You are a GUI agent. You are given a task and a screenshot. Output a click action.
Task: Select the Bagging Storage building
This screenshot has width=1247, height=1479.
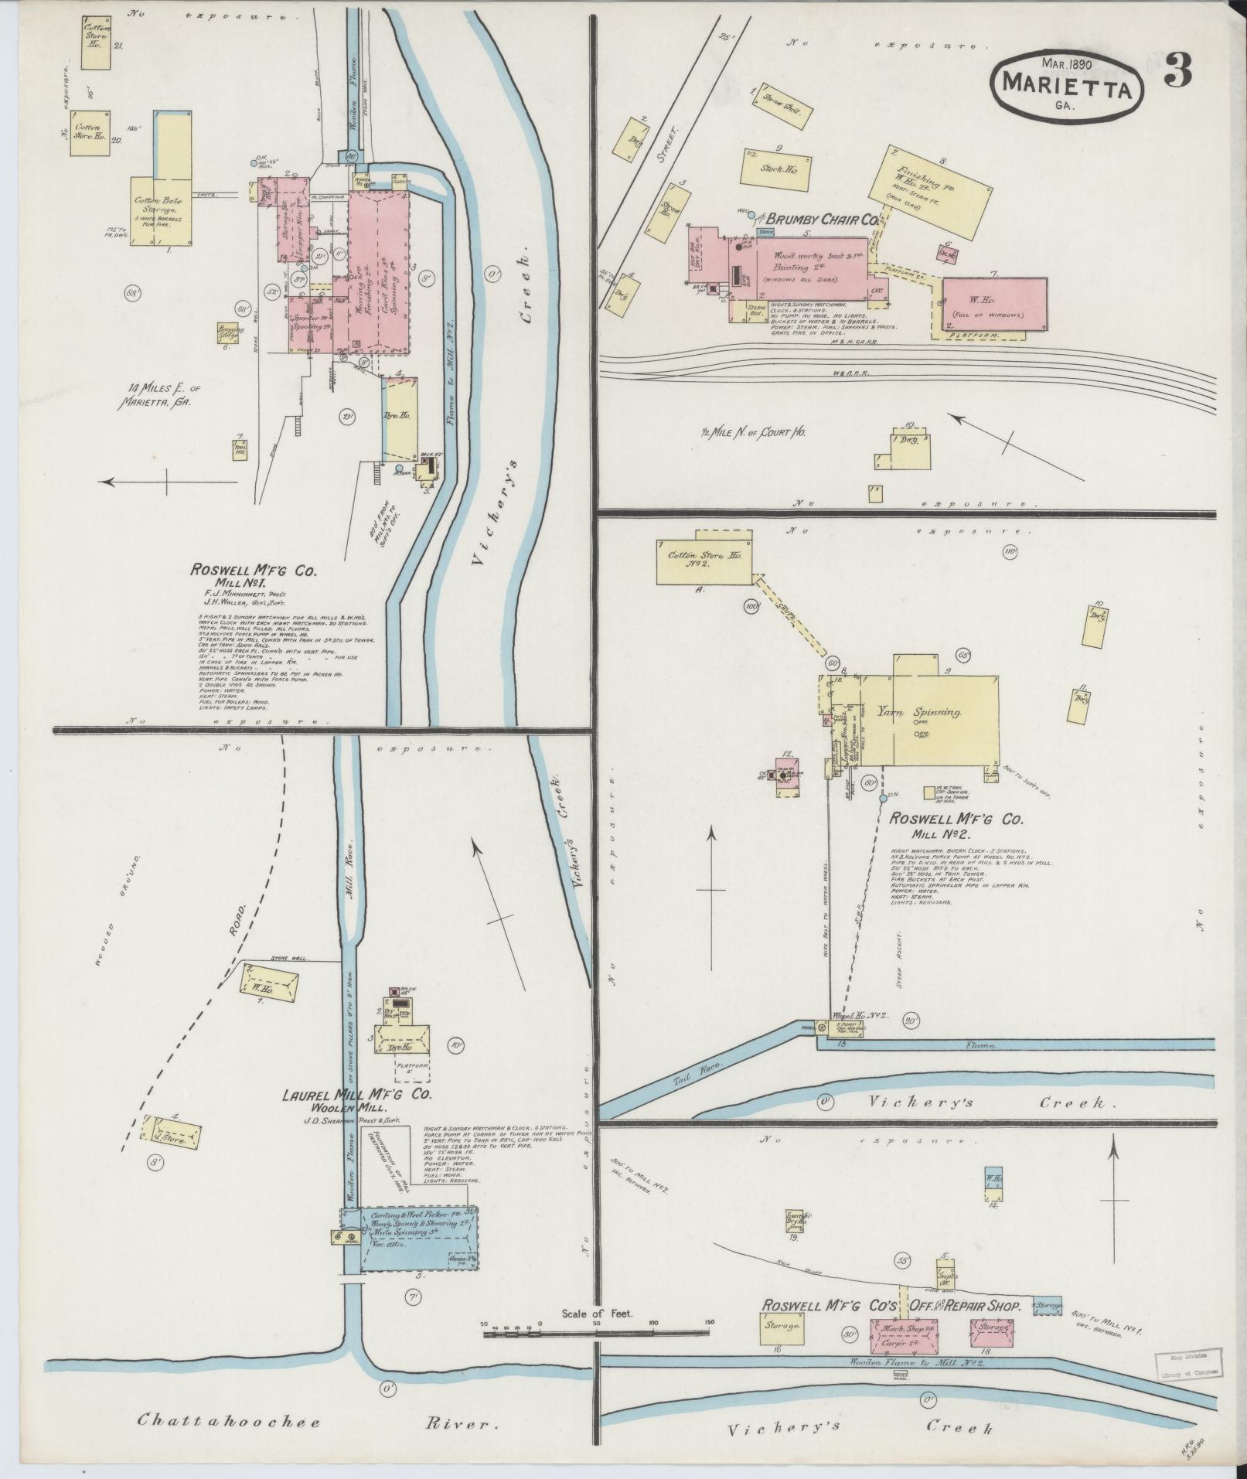click(x=228, y=332)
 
